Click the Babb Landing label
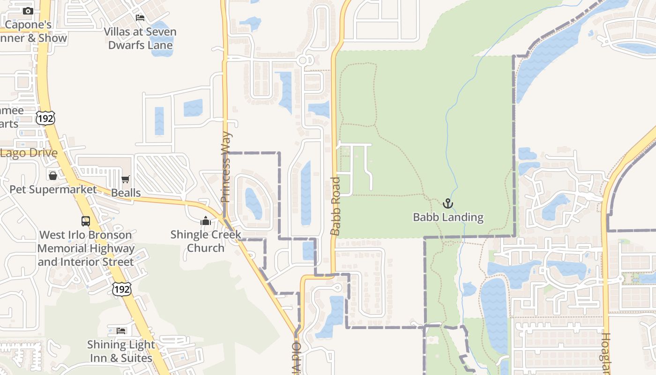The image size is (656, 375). pyautogui.click(x=448, y=217)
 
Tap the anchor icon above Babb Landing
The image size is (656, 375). pyautogui.click(x=448, y=203)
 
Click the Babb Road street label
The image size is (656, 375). pyautogui.click(x=335, y=206)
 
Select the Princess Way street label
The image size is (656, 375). pyautogui.click(x=226, y=167)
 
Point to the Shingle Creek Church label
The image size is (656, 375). pyautogui.click(x=206, y=241)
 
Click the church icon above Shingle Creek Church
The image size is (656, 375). pyautogui.click(x=206, y=221)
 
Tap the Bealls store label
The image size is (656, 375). pyautogui.click(x=126, y=193)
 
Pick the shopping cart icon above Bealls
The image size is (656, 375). pyautogui.click(x=125, y=180)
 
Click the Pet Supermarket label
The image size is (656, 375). pyautogui.click(x=53, y=189)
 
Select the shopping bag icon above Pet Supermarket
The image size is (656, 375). pyautogui.click(x=53, y=176)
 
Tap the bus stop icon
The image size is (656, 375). pyautogui.click(x=86, y=221)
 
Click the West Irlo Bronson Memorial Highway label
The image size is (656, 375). pyautogui.click(x=86, y=248)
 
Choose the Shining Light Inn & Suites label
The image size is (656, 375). pyautogui.click(x=121, y=351)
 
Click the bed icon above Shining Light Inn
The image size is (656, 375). pyautogui.click(x=121, y=330)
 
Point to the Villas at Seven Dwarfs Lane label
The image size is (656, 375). pyautogui.click(x=140, y=38)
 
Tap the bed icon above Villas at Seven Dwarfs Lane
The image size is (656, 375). pyautogui.click(x=140, y=18)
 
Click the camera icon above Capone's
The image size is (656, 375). pyautogui.click(x=28, y=11)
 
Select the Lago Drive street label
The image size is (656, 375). pyautogui.click(x=29, y=153)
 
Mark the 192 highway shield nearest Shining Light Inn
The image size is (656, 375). pyautogui.click(x=121, y=289)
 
